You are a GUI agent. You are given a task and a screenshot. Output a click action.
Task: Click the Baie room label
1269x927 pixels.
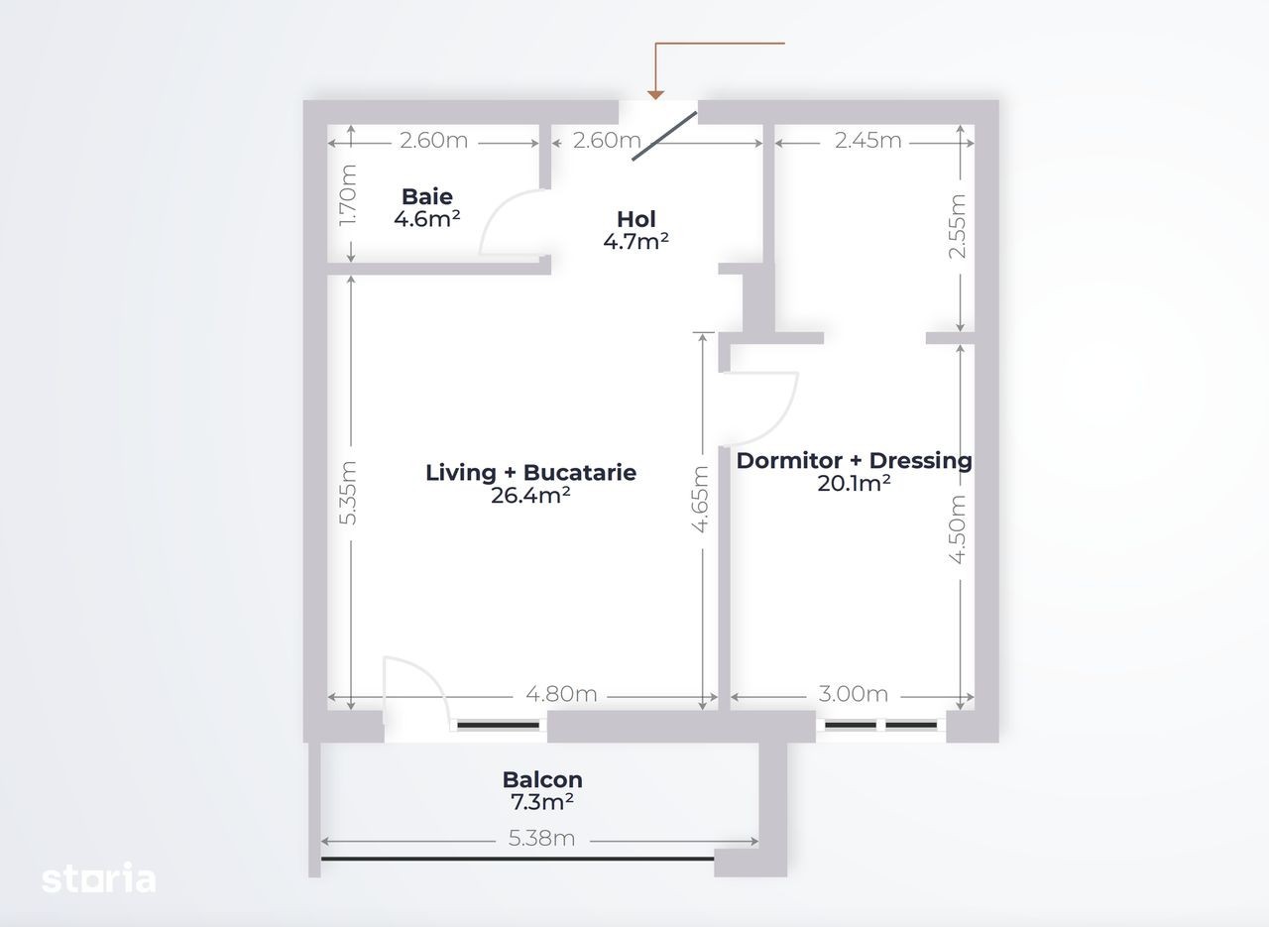pos(427,196)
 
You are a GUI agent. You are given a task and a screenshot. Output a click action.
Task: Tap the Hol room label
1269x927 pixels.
pos(636,219)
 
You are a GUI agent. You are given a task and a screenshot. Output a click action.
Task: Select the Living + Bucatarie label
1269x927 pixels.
pos(530,473)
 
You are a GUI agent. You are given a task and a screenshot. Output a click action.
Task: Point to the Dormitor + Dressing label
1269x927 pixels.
pos(855,461)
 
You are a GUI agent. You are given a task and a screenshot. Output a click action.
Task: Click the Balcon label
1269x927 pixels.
pos(542,780)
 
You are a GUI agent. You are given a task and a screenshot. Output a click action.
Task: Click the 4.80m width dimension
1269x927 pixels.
pos(561,694)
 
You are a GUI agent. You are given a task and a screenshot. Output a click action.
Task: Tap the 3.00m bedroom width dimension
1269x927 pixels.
pos(854,694)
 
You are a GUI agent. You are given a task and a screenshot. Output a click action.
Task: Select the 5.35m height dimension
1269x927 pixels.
pos(348,493)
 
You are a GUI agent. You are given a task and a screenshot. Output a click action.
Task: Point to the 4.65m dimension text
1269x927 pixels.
pos(700,500)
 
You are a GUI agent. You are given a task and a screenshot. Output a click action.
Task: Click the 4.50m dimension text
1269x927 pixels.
pos(957,529)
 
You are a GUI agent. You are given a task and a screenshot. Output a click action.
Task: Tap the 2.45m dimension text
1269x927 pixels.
pos(867,141)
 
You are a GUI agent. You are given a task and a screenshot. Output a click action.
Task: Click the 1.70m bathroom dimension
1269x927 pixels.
pos(348,195)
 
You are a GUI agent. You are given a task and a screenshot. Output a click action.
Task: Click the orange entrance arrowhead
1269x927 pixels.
pos(655,95)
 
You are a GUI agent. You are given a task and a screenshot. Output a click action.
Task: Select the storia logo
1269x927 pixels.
pos(98,878)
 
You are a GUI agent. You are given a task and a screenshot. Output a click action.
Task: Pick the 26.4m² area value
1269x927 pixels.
pos(530,496)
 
